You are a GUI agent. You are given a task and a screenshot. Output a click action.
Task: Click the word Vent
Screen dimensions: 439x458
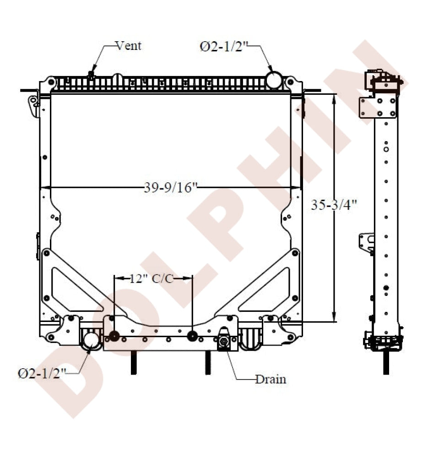tap(129, 46)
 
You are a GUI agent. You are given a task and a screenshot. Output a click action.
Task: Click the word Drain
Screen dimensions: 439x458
tap(271, 379)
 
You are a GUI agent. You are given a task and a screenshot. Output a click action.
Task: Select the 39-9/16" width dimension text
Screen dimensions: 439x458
tap(171, 187)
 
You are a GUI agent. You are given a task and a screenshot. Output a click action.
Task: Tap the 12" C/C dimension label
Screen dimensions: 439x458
tap(151, 278)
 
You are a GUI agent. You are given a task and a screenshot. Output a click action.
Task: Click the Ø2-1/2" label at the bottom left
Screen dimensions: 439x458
tap(42, 373)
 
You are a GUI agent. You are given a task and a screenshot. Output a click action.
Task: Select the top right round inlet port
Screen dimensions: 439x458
tap(274, 80)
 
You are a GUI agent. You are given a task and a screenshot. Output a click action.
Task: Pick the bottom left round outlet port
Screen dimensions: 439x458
tap(91, 340)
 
